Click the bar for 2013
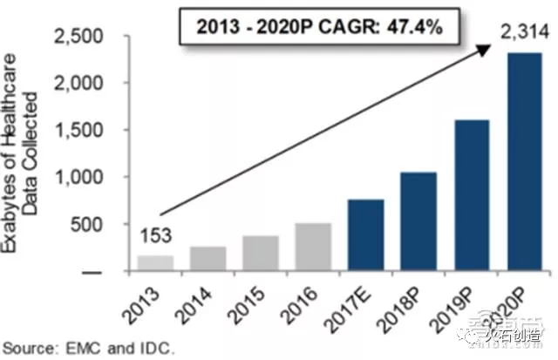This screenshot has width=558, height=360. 156,262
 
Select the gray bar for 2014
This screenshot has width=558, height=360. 208,259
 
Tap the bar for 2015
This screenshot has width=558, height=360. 261,254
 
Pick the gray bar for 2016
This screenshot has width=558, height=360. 313,248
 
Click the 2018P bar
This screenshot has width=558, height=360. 418,221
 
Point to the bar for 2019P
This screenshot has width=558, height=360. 471,195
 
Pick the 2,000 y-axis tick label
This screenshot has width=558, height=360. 78,83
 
